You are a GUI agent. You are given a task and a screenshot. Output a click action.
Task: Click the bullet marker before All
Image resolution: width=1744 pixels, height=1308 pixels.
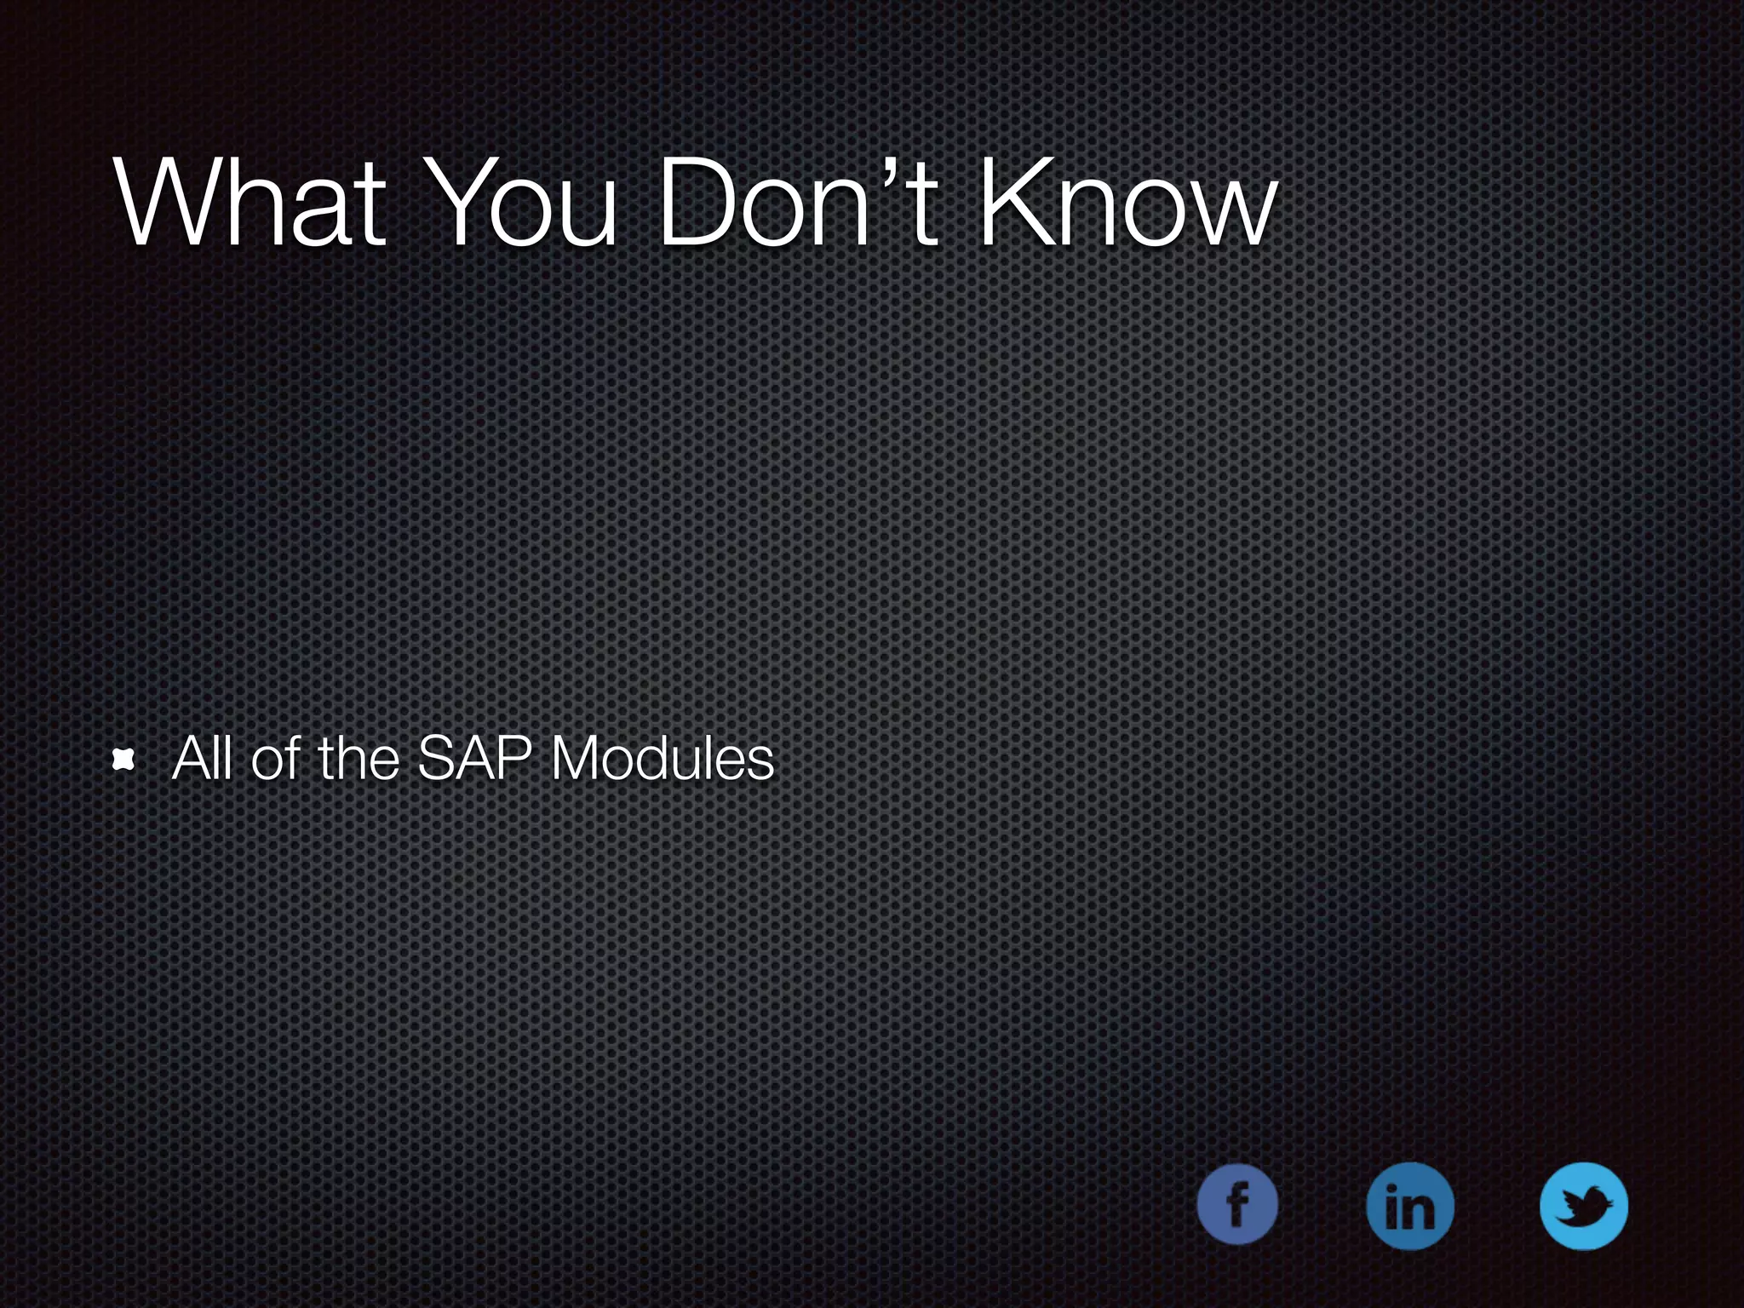(124, 760)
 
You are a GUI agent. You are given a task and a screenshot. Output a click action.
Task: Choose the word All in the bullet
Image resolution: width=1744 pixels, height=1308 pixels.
(201, 758)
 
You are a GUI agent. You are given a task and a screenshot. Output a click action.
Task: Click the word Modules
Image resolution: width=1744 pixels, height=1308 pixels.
(663, 758)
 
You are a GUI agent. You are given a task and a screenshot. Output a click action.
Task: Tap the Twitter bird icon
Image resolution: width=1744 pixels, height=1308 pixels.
(1584, 1206)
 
